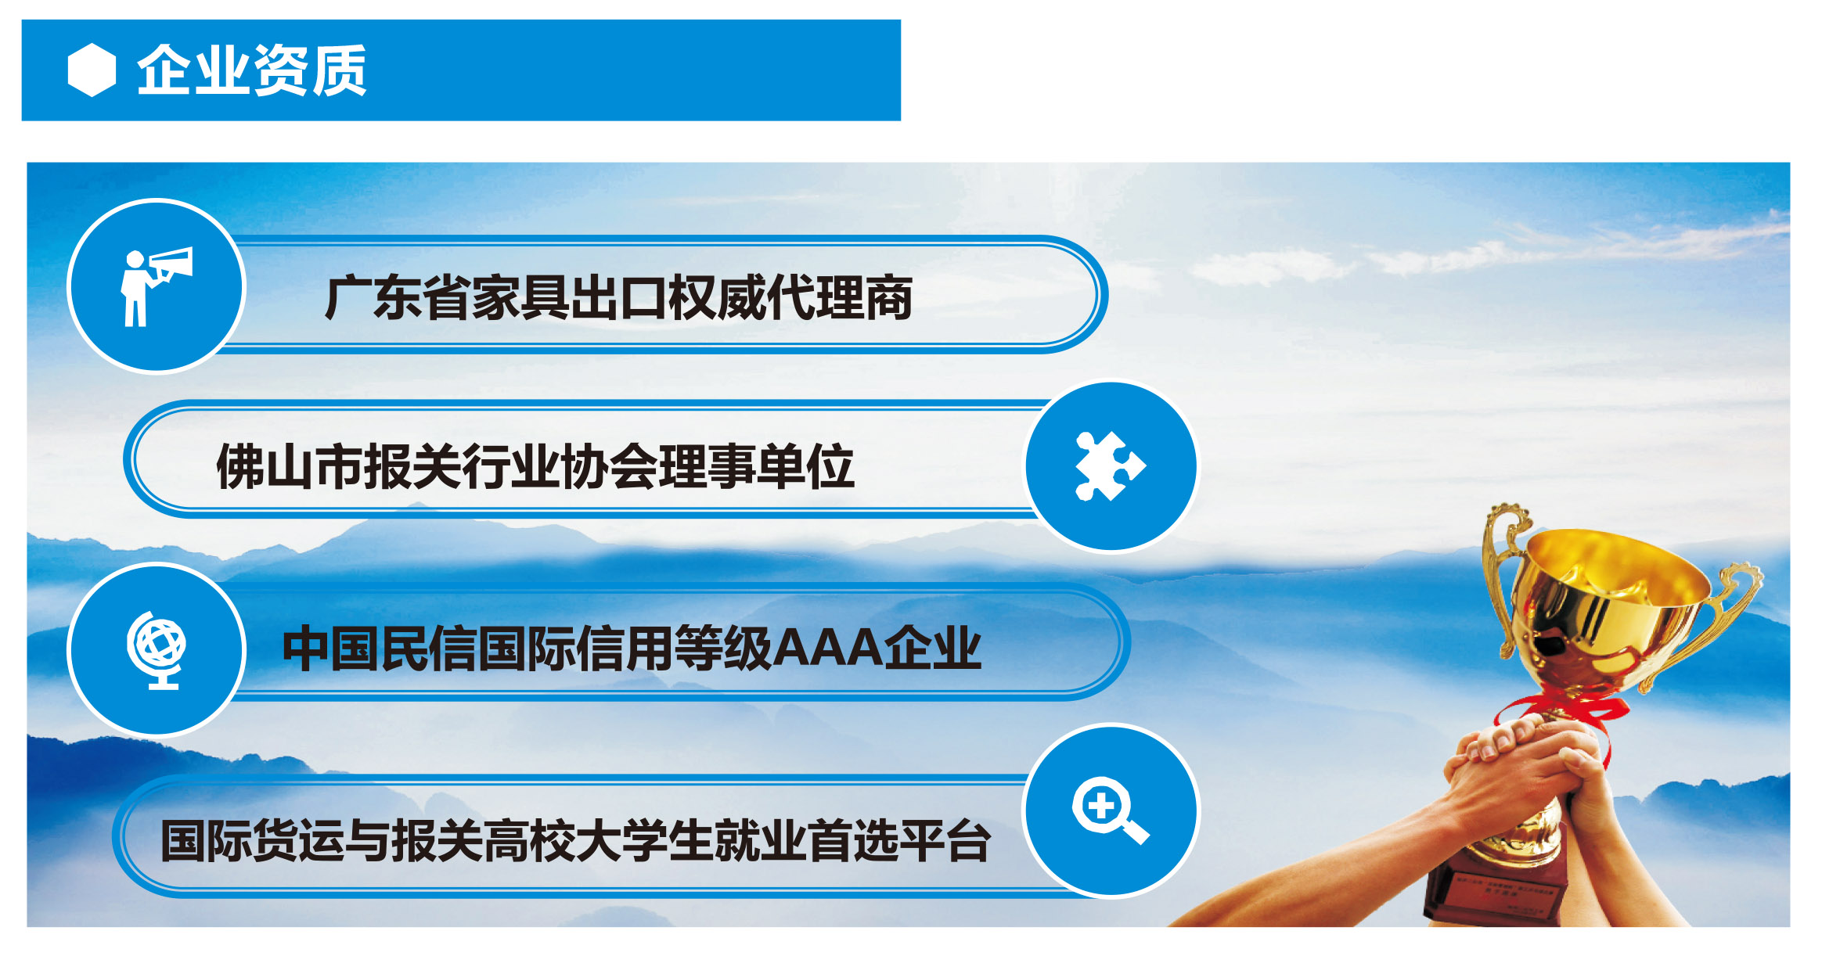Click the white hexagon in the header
click(92, 70)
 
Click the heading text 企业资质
click(252, 70)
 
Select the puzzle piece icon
click(1110, 466)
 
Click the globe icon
click(157, 650)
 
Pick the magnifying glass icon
click(1110, 810)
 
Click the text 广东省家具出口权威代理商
click(618, 298)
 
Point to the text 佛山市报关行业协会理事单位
click(535, 466)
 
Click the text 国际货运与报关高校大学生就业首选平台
click(576, 841)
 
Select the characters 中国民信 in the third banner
click(380, 649)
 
